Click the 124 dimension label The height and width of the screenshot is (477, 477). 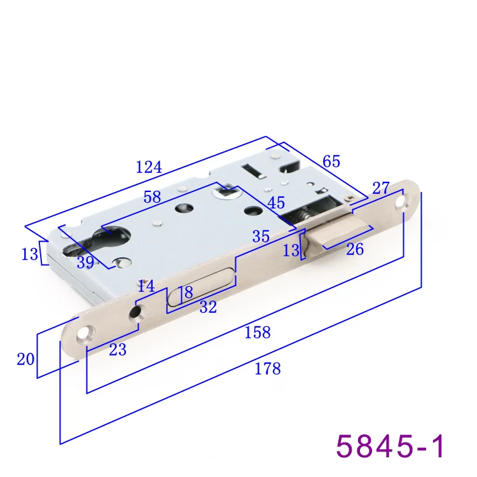[x=149, y=167]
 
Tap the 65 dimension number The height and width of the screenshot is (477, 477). [x=331, y=162]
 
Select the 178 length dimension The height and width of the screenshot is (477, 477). [x=267, y=368]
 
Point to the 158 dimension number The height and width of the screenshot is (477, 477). [x=258, y=332]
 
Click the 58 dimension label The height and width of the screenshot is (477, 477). [x=152, y=197]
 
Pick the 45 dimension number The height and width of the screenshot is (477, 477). [x=276, y=203]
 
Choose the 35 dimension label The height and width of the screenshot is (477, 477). [x=261, y=237]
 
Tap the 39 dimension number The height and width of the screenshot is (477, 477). [x=85, y=262]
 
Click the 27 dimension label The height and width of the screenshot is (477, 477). [x=381, y=188]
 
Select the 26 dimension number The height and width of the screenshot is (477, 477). [x=355, y=249]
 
